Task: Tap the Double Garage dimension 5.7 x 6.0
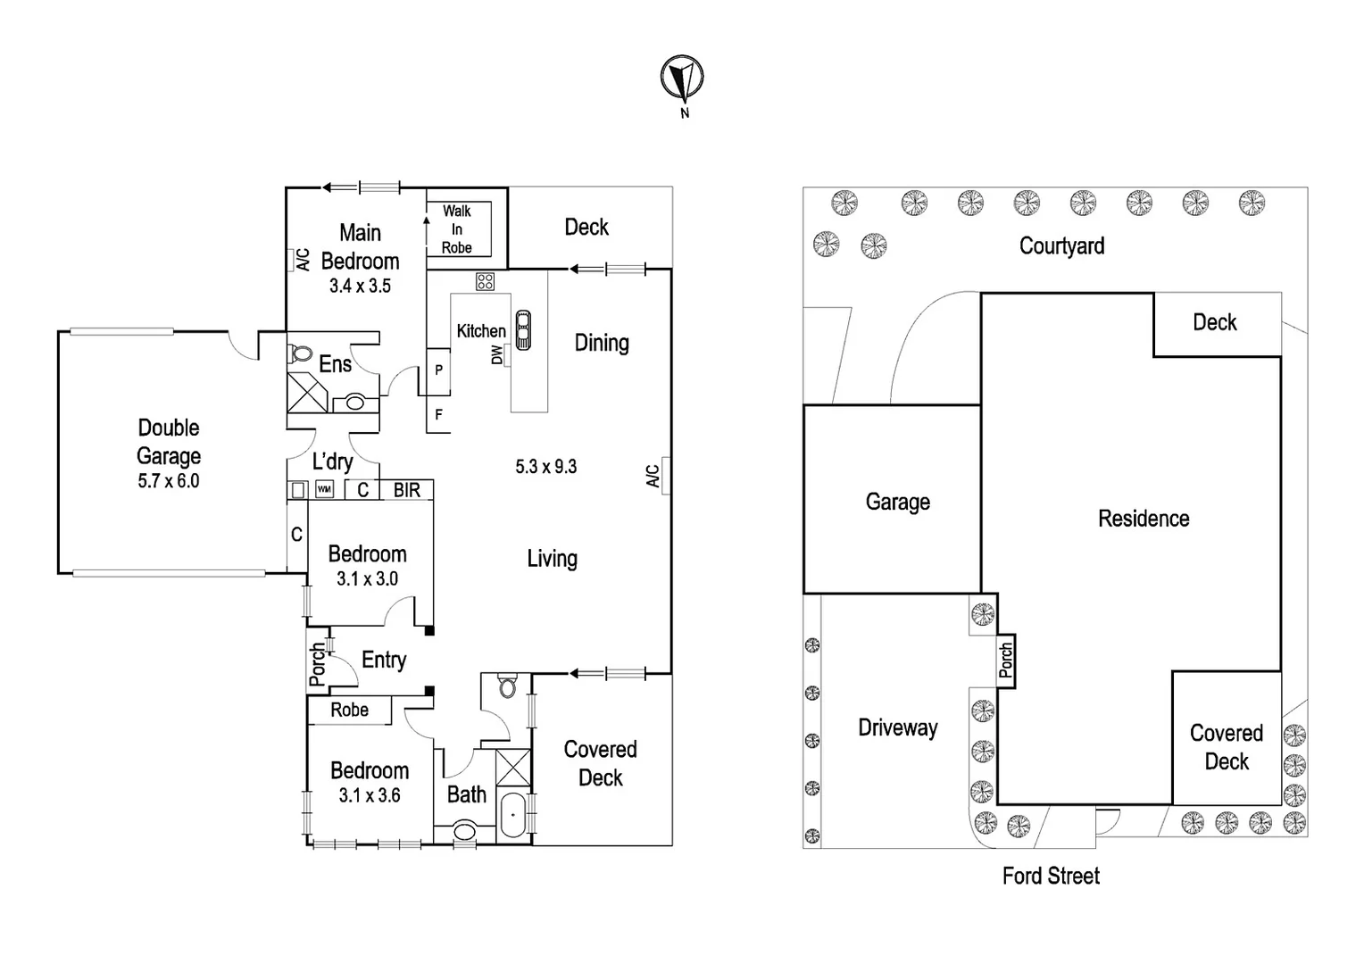tap(169, 481)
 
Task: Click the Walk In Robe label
tap(457, 229)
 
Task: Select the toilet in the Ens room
tap(301, 353)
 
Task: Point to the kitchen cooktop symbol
tap(485, 282)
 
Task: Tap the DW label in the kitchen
tap(497, 354)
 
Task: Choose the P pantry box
tap(438, 370)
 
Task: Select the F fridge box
tap(438, 415)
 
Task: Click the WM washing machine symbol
tap(325, 490)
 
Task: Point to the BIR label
tap(407, 490)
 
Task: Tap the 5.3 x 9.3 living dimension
tap(545, 466)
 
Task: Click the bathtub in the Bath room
tap(512, 815)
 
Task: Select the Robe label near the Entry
tap(349, 710)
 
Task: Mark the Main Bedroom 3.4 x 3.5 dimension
tap(360, 287)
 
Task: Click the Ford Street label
tap(1051, 876)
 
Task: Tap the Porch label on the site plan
tap(1006, 661)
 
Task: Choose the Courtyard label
tap(1061, 245)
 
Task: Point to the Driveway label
tap(897, 727)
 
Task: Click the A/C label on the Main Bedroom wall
tap(302, 260)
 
